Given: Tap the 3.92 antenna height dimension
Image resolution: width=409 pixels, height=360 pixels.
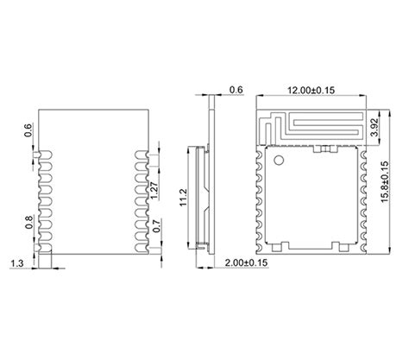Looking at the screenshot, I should coord(372,126).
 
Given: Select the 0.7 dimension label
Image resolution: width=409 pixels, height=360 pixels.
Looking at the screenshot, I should coord(154,228).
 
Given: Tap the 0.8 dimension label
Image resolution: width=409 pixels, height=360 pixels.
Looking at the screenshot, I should coord(28,220).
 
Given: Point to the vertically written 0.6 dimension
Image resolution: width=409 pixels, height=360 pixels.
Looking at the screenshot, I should coord(28,131).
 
